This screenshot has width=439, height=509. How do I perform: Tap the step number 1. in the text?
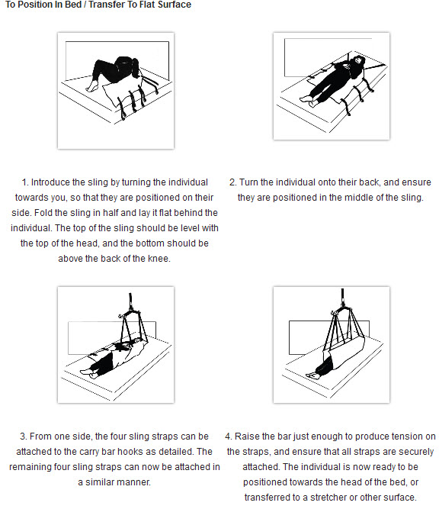(x=25, y=182)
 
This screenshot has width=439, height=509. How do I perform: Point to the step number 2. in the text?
(x=232, y=182)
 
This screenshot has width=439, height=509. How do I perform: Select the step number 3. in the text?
(x=24, y=437)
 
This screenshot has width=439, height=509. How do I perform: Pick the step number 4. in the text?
(x=229, y=437)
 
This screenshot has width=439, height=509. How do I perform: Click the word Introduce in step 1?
(x=53, y=182)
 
